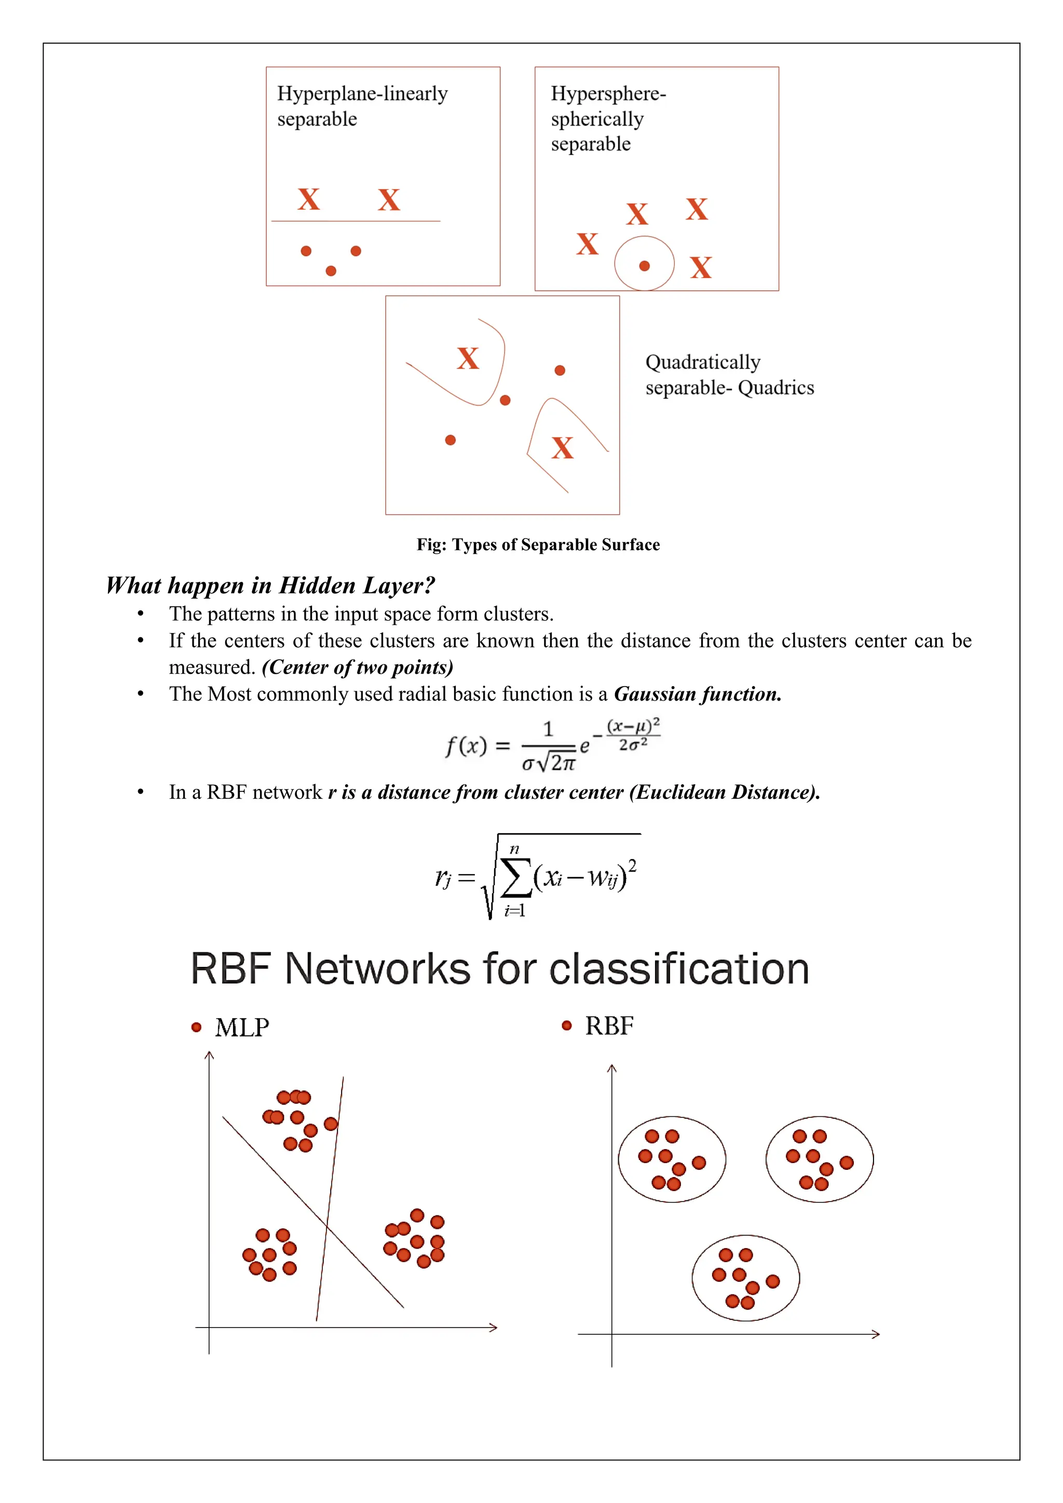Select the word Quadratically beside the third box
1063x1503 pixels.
point(702,362)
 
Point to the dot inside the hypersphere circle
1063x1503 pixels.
point(644,266)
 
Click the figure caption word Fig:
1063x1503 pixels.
point(431,544)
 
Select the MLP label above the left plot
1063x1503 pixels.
point(241,1028)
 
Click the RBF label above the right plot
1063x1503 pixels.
point(609,1026)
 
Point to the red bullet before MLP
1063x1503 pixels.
point(196,1027)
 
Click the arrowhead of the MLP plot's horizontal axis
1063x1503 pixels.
point(494,1328)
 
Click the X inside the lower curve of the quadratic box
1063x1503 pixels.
point(562,448)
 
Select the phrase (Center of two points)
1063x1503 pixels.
point(358,667)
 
